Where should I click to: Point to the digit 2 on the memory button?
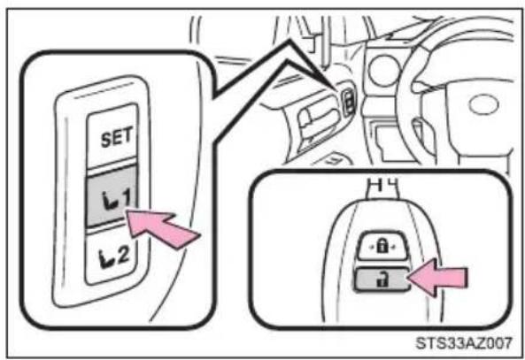(x=123, y=255)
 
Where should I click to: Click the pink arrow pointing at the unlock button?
(x=438, y=277)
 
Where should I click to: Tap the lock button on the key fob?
(x=382, y=246)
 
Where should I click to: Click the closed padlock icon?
(x=382, y=246)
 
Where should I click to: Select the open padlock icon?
(x=382, y=280)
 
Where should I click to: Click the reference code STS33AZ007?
(x=464, y=343)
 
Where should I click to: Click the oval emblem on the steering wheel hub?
(x=483, y=104)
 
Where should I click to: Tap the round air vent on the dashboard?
(x=384, y=71)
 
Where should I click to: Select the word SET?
(x=116, y=137)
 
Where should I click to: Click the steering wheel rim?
(x=406, y=100)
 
